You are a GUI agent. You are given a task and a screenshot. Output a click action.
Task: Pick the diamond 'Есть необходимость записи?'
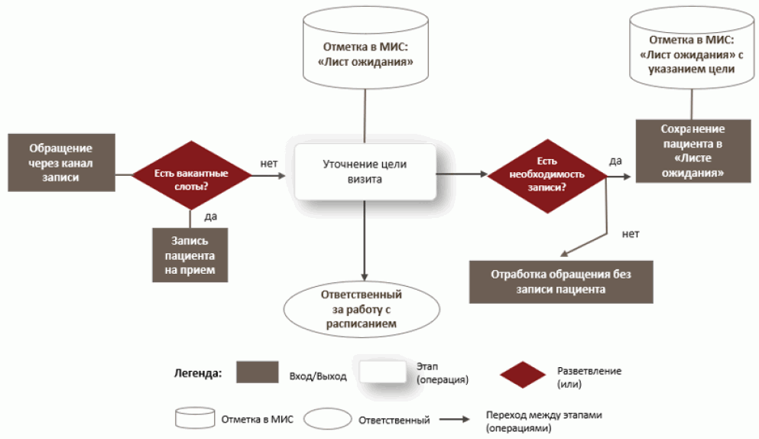(x=547, y=175)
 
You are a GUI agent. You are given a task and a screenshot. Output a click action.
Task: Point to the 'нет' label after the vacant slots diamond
(x=268, y=162)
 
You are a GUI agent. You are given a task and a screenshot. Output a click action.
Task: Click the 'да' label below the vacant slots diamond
(x=211, y=216)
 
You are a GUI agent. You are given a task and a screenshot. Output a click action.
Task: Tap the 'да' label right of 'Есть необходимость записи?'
(x=615, y=161)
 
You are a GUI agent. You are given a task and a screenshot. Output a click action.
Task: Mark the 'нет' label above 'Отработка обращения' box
(x=630, y=233)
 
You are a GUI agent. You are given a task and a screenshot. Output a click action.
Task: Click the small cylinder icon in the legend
(x=194, y=418)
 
